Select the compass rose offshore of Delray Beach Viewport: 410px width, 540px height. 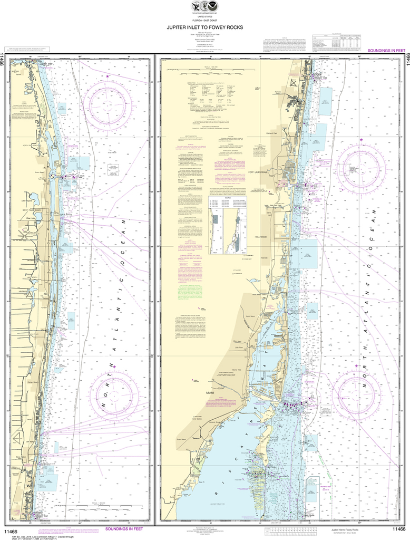tap(114, 393)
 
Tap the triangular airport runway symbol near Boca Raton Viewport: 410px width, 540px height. tap(18, 437)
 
